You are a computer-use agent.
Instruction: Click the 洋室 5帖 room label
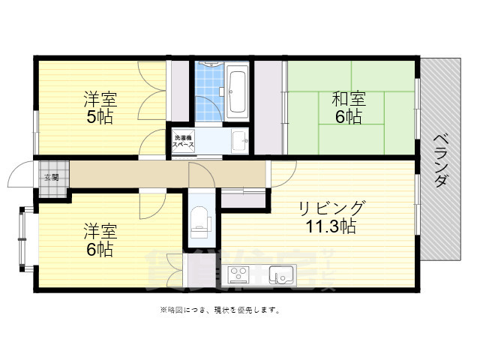click(x=99, y=107)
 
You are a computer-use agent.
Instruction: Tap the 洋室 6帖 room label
click(x=99, y=239)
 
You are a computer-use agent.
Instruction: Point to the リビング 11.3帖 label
click(x=331, y=216)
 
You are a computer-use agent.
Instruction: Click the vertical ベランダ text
click(x=441, y=160)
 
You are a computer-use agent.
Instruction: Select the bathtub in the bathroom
click(x=238, y=91)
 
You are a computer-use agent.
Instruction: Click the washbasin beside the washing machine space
click(x=239, y=140)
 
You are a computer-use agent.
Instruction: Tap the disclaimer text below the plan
click(x=219, y=310)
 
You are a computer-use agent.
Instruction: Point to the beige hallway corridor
click(x=150, y=174)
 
